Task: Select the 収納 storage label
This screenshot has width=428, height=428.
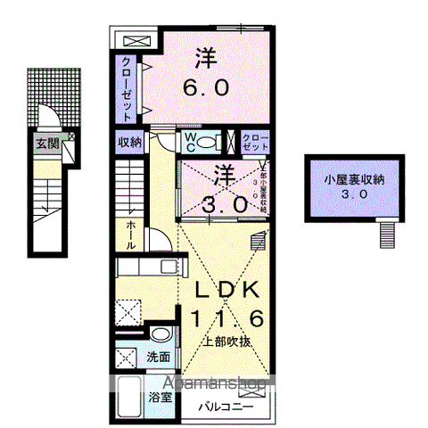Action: pyautogui.click(x=128, y=141)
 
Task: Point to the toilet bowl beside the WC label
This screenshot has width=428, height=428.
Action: pyautogui.click(x=209, y=142)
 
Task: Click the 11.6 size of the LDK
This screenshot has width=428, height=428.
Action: pyautogui.click(x=226, y=317)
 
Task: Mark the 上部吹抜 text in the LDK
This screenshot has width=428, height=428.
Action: pyautogui.click(x=225, y=341)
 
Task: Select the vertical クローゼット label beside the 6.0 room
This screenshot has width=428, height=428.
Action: pyautogui.click(x=128, y=88)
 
